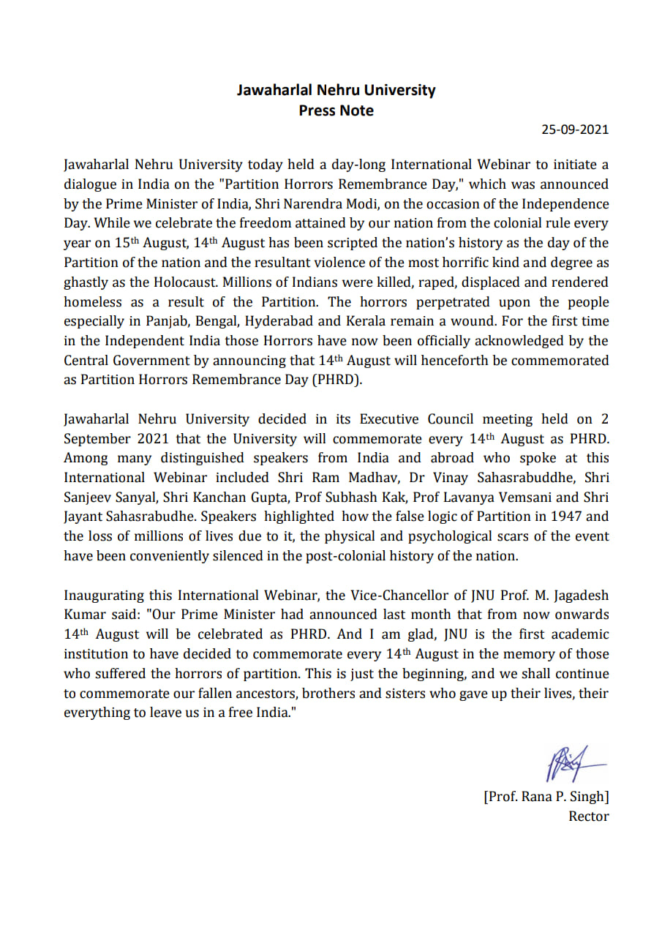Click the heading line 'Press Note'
(x=336, y=111)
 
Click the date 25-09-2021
(x=574, y=130)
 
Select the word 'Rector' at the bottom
(x=588, y=816)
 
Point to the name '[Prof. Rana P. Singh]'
(x=546, y=797)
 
